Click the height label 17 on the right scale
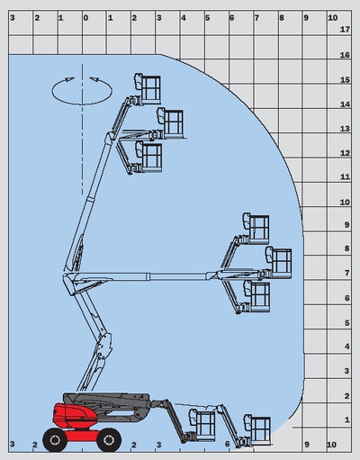(345, 30)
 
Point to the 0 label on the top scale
(85, 18)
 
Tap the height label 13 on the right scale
(345, 129)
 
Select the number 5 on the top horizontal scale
(207, 18)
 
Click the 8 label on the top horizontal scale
(282, 18)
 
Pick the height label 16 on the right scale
(345, 55)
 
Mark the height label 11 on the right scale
(345, 176)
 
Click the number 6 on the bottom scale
(227, 444)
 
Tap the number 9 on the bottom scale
(306, 445)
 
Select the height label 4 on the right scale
(347, 347)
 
